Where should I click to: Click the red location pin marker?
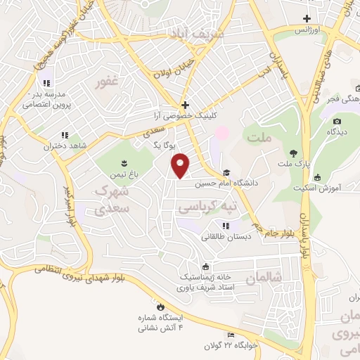181,165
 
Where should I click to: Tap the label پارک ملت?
293,164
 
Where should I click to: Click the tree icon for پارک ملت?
293,153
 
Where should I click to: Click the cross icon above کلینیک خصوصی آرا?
185,105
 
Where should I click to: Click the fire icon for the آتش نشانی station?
160,307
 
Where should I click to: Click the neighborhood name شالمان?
263,278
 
